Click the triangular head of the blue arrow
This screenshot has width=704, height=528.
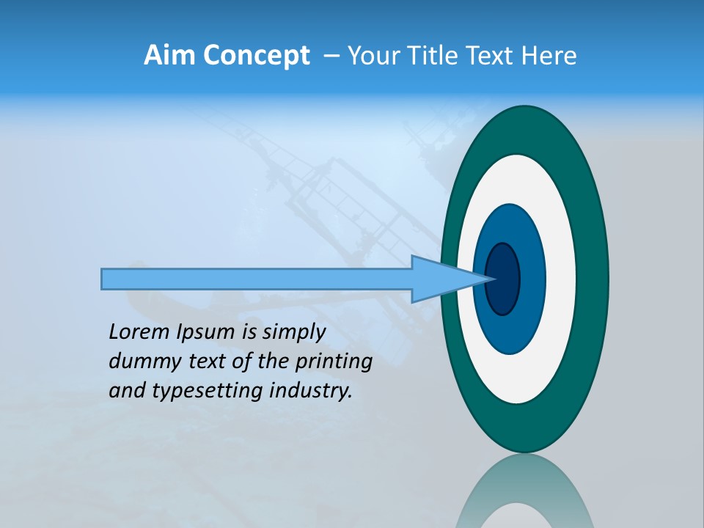[x=440, y=279]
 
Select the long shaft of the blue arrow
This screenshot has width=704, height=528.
[x=257, y=279]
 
